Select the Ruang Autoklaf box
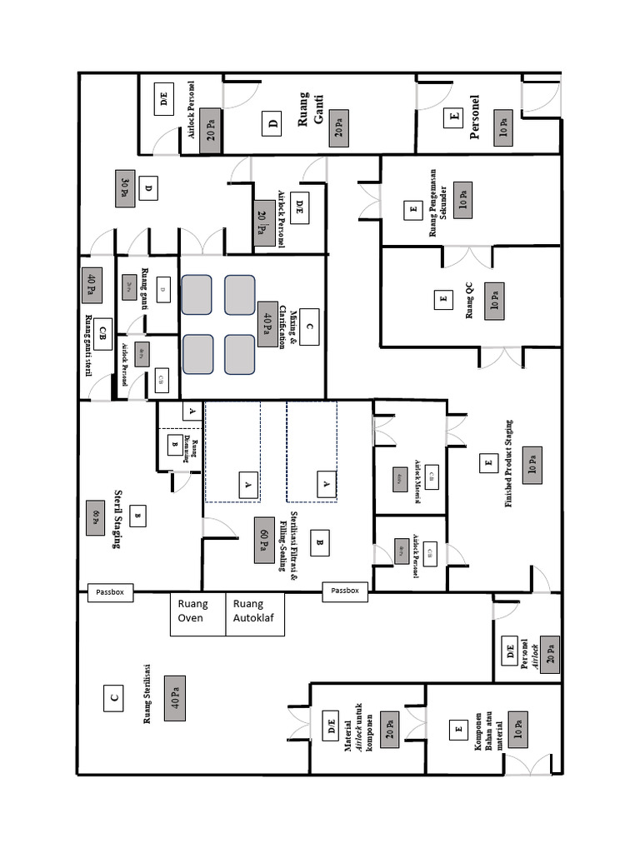coord(255,614)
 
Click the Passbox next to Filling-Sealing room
coord(345,591)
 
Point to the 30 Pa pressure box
coord(126,188)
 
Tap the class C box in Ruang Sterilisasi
coord(113,698)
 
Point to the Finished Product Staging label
coord(508,464)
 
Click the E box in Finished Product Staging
coord(487,464)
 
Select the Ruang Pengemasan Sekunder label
coord(437,211)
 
